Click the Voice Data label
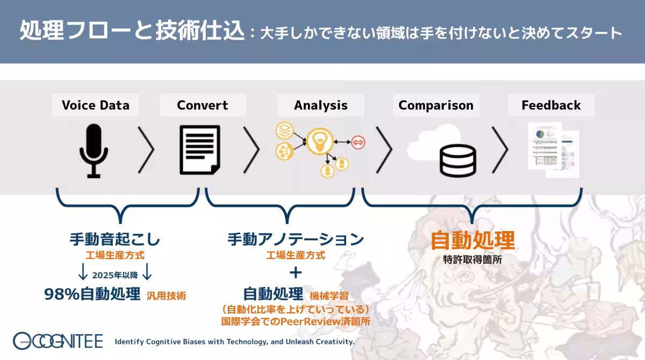pyautogui.click(x=95, y=105)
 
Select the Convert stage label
pyautogui.click(x=203, y=105)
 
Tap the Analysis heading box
pyautogui.click(x=320, y=105)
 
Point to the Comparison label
pyautogui.click(x=436, y=105)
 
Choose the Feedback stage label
pyautogui.click(x=551, y=105)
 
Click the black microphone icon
pyautogui.click(x=94, y=151)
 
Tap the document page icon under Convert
pyautogui.click(x=200, y=149)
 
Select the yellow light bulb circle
pyautogui.click(x=320, y=141)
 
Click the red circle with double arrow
pyautogui.click(x=358, y=142)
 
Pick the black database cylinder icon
pyautogui.click(x=457, y=161)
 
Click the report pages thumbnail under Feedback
pyautogui.click(x=554, y=150)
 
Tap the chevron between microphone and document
pyautogui.click(x=146, y=149)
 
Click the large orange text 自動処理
pyautogui.click(x=472, y=240)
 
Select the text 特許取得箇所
pyautogui.click(x=472, y=260)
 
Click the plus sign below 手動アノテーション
pyautogui.click(x=296, y=272)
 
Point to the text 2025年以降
pyautogui.click(x=115, y=276)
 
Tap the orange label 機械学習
pyautogui.click(x=329, y=296)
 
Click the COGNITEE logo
pyautogui.click(x=58, y=341)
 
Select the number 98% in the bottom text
pyautogui.click(x=62, y=294)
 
